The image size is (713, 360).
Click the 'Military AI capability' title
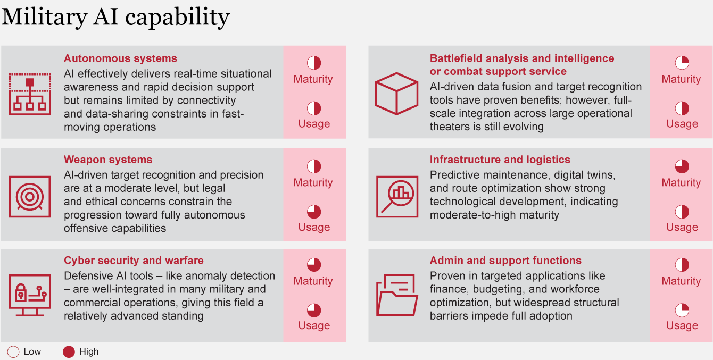[x=115, y=17]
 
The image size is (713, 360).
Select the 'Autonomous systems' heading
[x=120, y=58]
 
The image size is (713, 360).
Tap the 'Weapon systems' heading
[x=108, y=160]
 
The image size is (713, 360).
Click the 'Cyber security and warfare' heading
[x=134, y=261]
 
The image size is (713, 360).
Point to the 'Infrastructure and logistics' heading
[x=500, y=160]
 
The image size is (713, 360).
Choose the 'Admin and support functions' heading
[x=505, y=261]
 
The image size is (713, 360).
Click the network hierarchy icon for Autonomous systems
[x=30, y=94]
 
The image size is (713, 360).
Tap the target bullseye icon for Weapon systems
[x=30, y=197]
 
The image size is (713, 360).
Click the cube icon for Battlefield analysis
[x=396, y=94]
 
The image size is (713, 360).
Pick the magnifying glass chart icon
[x=397, y=197]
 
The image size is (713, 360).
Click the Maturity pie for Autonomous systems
[x=314, y=63]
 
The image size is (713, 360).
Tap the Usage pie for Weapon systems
[x=314, y=212]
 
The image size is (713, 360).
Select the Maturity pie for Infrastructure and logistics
[x=682, y=166]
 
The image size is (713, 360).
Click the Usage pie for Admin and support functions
[x=682, y=311]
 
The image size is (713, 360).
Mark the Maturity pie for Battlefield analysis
[x=682, y=63]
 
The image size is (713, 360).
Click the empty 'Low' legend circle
[x=13, y=352]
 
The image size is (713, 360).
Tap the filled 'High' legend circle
[x=69, y=352]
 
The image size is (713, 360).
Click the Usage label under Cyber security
[x=314, y=325]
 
